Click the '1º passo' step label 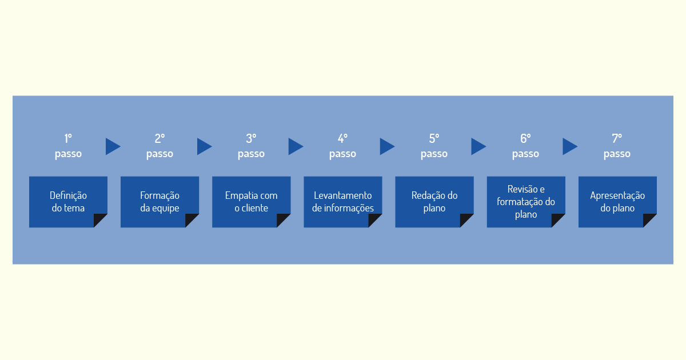click(x=68, y=146)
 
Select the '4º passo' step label click(x=342, y=146)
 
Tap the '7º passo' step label click(x=617, y=146)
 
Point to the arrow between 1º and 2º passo click(x=113, y=146)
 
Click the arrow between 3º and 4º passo click(x=296, y=146)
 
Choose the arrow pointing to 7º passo click(x=570, y=146)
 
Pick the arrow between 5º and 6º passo click(x=478, y=146)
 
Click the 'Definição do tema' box click(x=68, y=202)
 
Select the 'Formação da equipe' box click(x=159, y=202)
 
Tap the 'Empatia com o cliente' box click(x=251, y=202)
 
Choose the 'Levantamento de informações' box click(x=342, y=202)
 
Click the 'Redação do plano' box click(x=434, y=202)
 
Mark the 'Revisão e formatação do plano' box click(x=526, y=202)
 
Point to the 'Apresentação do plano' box click(x=617, y=202)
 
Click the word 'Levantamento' click(x=342, y=195)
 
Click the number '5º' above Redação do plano click(x=434, y=138)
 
